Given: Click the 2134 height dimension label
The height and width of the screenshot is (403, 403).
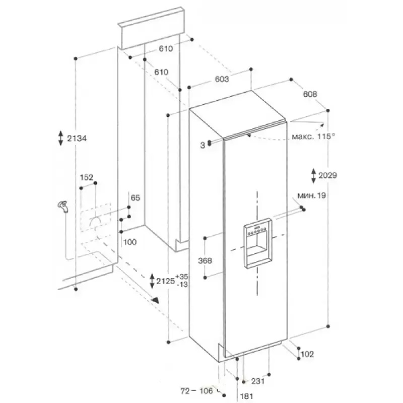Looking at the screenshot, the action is [x=77, y=139].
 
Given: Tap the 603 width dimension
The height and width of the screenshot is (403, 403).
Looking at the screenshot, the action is [x=222, y=79].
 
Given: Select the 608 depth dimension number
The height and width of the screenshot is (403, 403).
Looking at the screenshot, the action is [x=310, y=94].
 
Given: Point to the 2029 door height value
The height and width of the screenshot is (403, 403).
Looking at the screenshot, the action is [x=327, y=175].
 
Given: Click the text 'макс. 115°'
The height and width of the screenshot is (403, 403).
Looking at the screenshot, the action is [x=313, y=136].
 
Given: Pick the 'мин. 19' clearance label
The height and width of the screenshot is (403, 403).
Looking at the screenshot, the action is [x=311, y=195].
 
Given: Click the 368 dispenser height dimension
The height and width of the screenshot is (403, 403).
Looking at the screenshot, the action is [x=205, y=260].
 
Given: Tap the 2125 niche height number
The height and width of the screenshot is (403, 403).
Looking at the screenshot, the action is [x=166, y=281].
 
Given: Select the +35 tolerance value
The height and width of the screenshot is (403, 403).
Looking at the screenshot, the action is [x=182, y=277].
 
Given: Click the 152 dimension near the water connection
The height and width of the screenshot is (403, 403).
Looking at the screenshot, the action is [x=86, y=177].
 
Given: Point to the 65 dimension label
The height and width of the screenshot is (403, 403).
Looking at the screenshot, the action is [x=136, y=197].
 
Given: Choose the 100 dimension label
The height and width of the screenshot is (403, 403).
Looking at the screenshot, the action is [x=130, y=242].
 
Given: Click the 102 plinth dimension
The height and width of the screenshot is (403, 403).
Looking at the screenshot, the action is [x=307, y=354].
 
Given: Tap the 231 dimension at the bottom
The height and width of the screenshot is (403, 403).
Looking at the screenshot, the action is [x=257, y=381].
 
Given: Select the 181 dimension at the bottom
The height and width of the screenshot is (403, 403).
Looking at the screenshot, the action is [x=246, y=396].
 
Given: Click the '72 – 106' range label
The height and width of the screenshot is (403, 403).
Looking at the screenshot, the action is [x=196, y=391].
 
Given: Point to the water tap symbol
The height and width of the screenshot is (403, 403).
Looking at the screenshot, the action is [x=62, y=207].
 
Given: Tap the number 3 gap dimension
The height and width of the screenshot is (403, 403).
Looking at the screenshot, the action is [x=203, y=146].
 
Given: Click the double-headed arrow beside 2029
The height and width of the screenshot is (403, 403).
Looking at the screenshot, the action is [x=313, y=176].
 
